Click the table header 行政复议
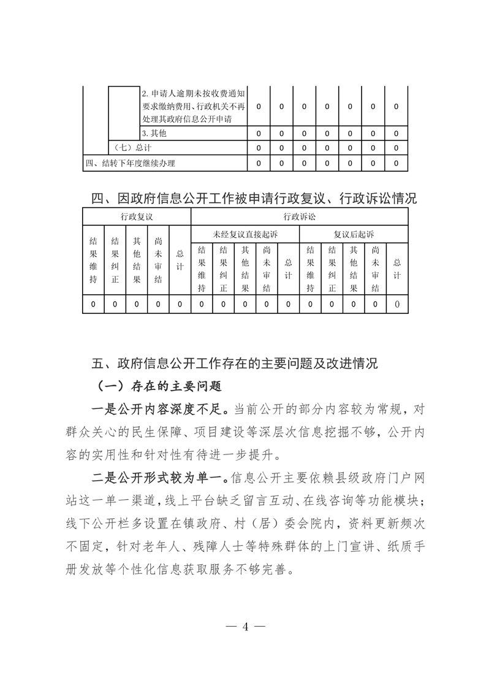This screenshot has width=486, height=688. pyautogui.click(x=137, y=216)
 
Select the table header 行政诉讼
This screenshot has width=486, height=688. pyautogui.click(x=299, y=216)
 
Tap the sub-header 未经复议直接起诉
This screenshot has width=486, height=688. pyautogui.click(x=245, y=234)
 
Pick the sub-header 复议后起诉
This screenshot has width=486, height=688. pyautogui.click(x=354, y=234)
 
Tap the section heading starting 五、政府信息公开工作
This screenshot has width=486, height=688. pyautogui.click(x=235, y=363)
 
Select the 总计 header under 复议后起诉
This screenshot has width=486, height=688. pyautogui.click(x=397, y=269)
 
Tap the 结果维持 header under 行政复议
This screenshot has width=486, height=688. pyautogui.click(x=93, y=261)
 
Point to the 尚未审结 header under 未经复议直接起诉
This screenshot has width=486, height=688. pyautogui.click(x=267, y=269)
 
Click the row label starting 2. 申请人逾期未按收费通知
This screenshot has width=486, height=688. pyautogui.click(x=193, y=106)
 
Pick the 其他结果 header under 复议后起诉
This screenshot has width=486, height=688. pyautogui.click(x=353, y=269)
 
